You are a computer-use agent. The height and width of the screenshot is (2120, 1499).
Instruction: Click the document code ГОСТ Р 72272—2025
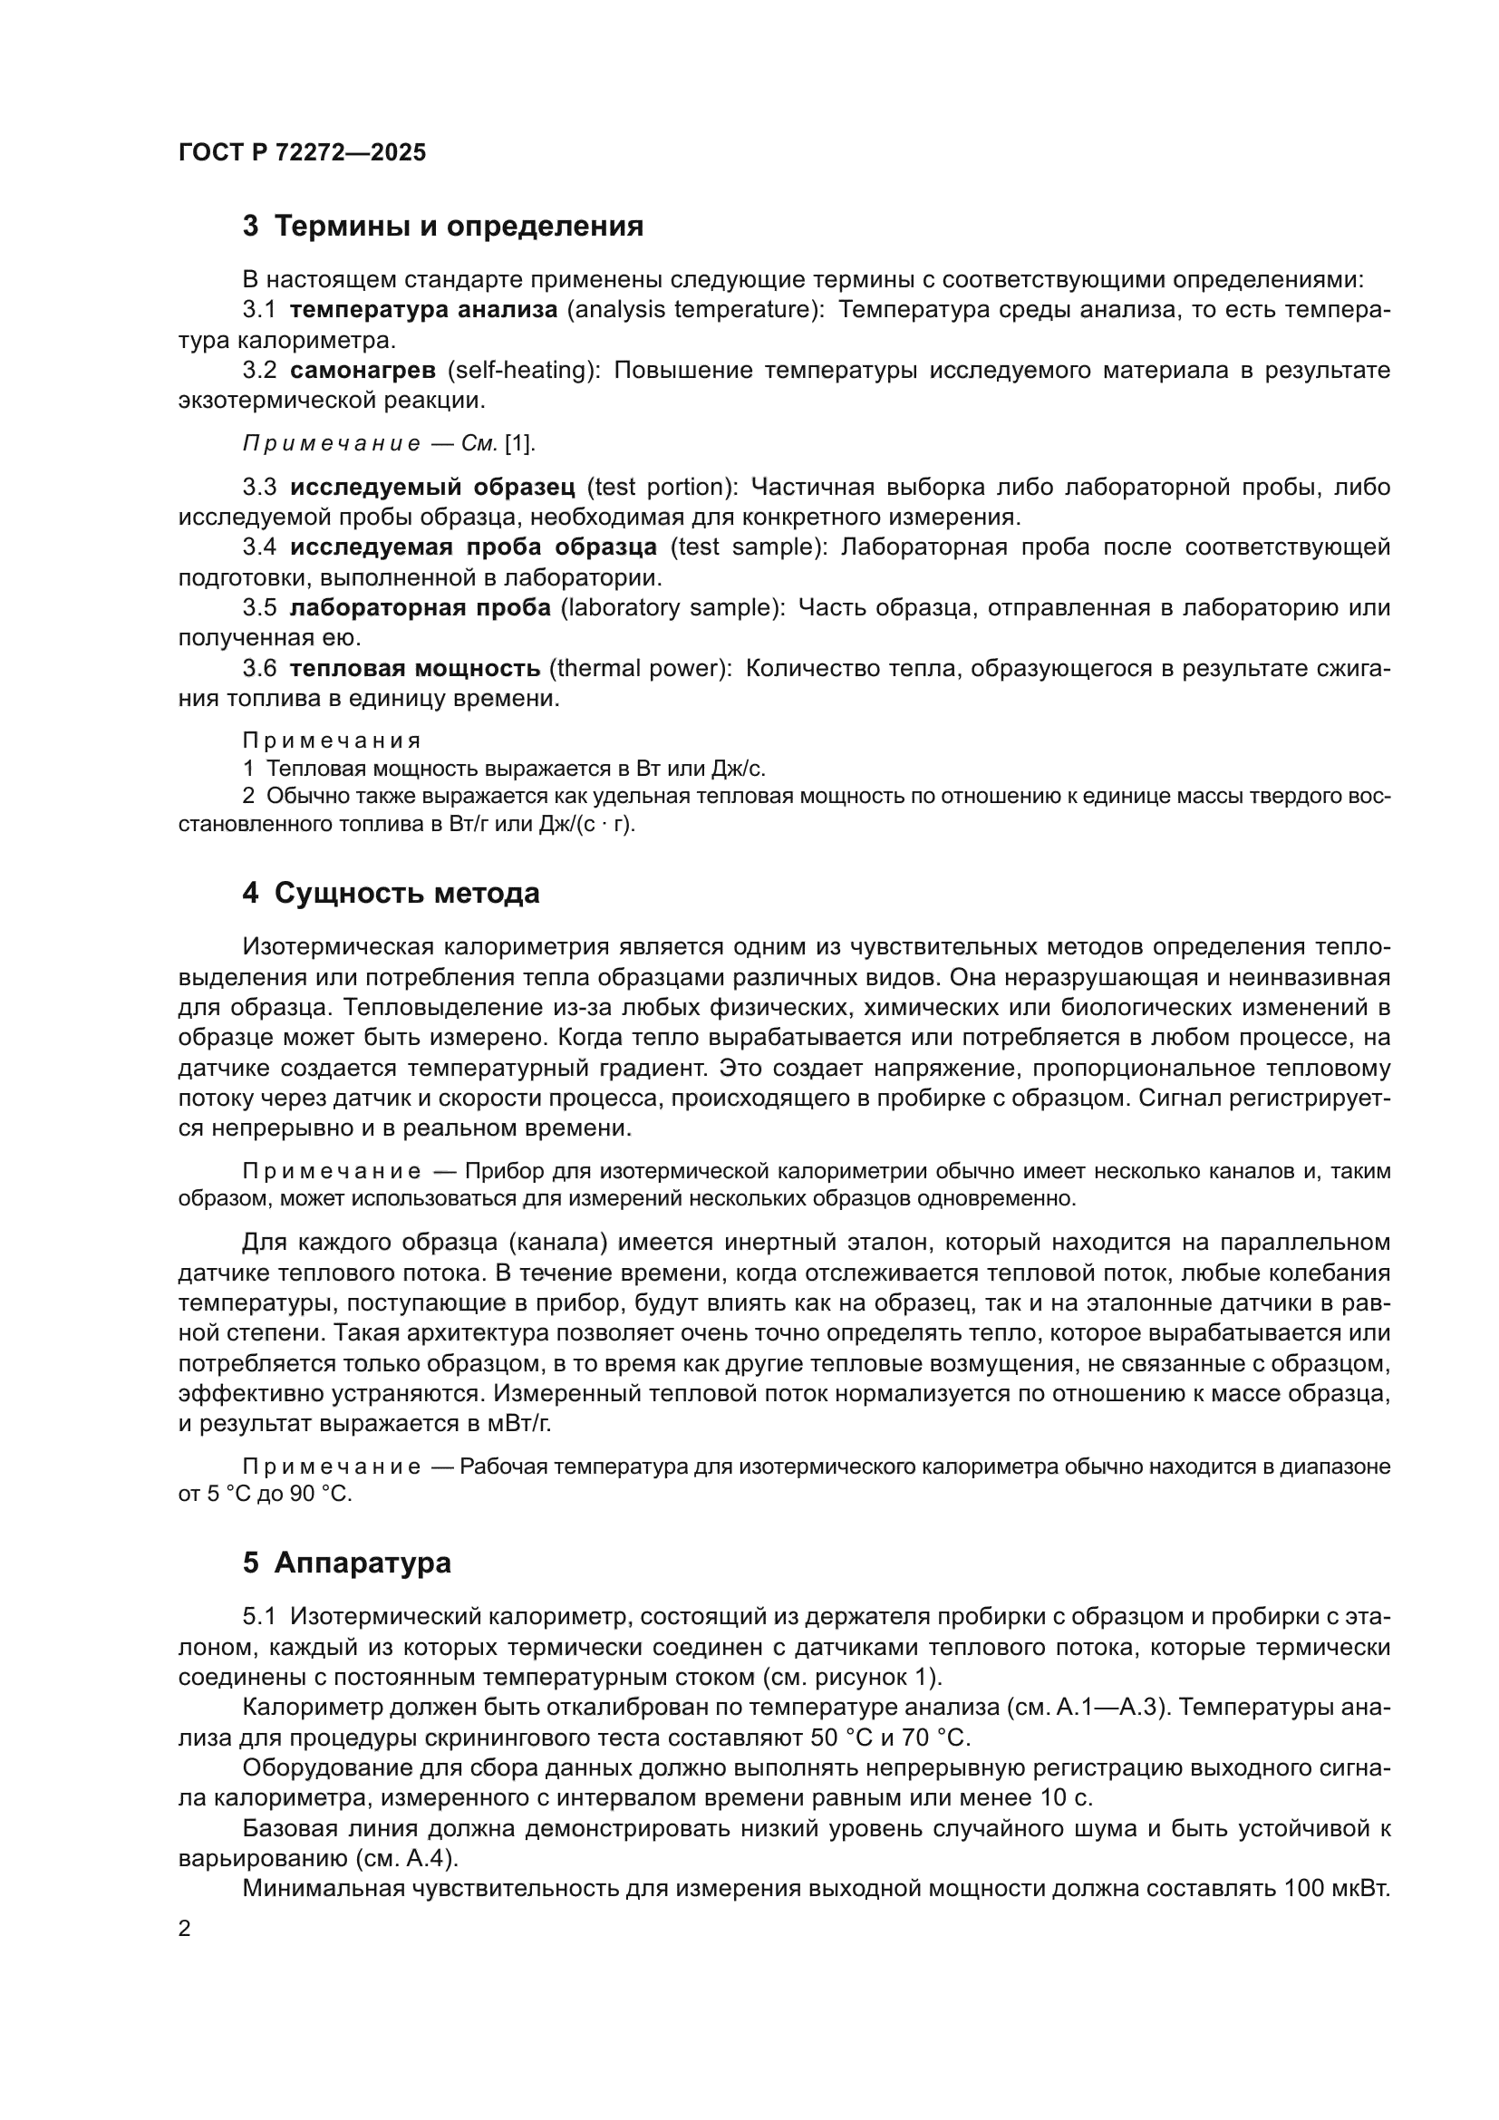point(302,153)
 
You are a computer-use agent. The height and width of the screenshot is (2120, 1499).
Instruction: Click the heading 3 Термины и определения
point(443,227)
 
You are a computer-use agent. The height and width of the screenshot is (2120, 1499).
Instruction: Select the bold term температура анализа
point(423,310)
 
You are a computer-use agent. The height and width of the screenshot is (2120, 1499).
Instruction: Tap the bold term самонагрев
point(363,372)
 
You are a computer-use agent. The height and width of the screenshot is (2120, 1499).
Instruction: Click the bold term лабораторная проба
point(420,608)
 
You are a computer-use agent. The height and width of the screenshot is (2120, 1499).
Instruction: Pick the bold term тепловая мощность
point(414,669)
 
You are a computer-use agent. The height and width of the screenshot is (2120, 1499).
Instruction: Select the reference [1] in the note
point(517,444)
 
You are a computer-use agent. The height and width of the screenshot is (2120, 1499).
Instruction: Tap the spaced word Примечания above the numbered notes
point(332,741)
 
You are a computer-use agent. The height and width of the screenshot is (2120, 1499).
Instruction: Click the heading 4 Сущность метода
point(392,894)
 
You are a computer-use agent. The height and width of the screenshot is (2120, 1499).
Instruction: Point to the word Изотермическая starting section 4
point(338,947)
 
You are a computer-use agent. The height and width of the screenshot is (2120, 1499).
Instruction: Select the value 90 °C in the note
point(320,1494)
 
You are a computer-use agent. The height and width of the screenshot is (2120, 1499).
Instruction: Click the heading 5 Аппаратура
point(347,1563)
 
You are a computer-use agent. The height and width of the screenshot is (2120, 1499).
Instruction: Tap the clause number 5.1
point(259,1617)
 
